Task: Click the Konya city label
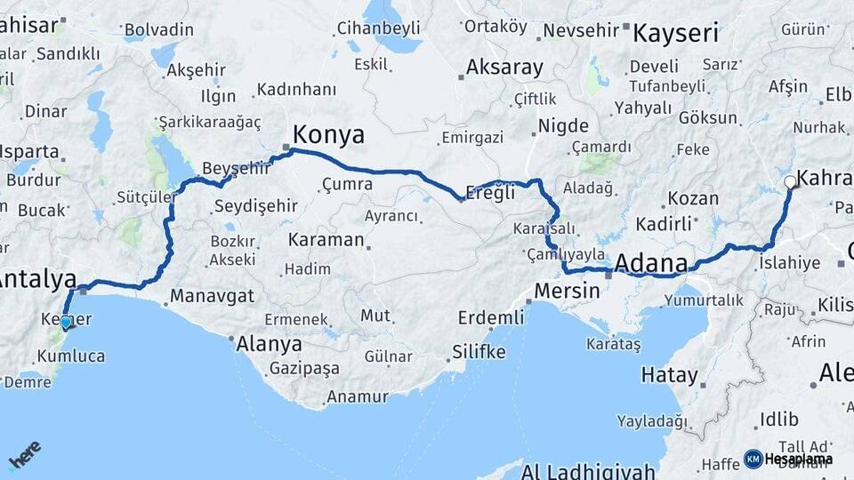(x=328, y=135)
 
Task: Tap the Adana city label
(x=650, y=263)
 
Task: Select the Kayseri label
(x=675, y=34)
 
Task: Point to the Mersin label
(x=568, y=290)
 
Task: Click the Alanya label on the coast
(x=269, y=345)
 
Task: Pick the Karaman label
(x=326, y=240)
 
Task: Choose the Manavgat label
(x=212, y=295)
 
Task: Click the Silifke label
(x=479, y=351)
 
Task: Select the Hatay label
(x=670, y=375)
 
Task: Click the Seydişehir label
(x=256, y=206)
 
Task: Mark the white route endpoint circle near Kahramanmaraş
(x=791, y=183)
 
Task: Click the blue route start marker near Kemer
(x=65, y=323)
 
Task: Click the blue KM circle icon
(x=753, y=459)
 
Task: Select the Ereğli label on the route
(x=490, y=193)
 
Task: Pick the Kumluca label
(x=71, y=356)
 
